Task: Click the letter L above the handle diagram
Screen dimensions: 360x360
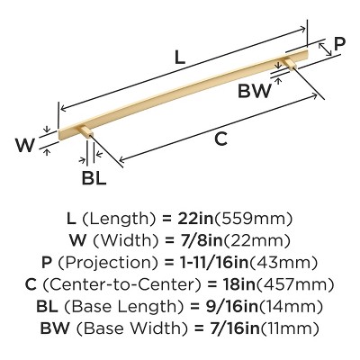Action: point(179,58)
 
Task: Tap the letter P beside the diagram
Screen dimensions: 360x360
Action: point(339,44)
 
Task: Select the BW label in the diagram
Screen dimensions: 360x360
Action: point(254,91)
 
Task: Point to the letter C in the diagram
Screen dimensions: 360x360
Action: point(220,139)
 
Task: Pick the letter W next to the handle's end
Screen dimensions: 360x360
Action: point(25,145)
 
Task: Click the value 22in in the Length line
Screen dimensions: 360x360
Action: point(195,219)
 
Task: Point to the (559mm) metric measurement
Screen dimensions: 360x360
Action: point(252,220)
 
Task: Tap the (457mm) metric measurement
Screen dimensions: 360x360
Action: point(294,284)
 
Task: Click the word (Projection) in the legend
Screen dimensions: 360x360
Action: point(108,263)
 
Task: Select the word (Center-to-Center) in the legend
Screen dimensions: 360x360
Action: point(121,284)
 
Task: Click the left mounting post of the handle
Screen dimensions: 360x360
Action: point(86,131)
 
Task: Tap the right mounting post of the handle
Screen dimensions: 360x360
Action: point(291,63)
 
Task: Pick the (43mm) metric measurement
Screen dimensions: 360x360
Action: point(283,263)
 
